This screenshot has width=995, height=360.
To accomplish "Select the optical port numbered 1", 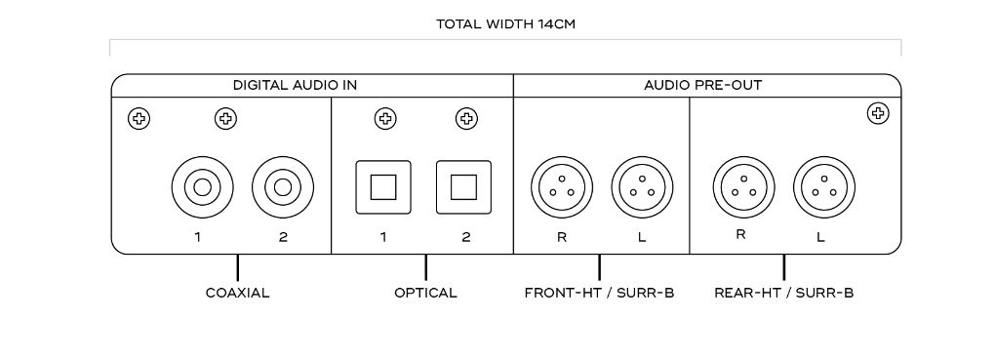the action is (383, 187).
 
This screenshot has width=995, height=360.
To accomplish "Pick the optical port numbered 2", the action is (464, 187).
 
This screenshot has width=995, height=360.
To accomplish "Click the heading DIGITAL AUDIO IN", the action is (295, 85).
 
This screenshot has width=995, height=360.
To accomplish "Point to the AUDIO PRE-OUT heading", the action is (703, 85).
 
